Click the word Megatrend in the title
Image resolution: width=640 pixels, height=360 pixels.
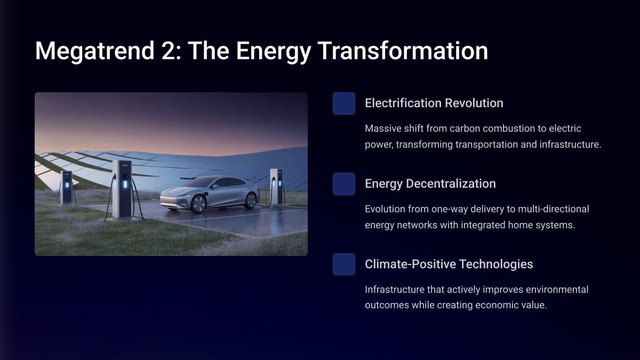(94, 51)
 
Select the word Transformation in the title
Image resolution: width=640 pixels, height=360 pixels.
(403, 51)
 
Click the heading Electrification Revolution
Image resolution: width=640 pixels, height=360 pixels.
(434, 103)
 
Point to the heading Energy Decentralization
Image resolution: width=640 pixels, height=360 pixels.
(430, 184)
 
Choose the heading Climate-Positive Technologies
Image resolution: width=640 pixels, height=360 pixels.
(449, 265)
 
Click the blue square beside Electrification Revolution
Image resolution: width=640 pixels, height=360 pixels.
(344, 103)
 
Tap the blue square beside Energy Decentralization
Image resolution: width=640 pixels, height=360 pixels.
(344, 184)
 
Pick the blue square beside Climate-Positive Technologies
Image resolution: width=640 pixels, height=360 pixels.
(344, 265)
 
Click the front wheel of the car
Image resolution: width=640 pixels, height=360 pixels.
(198, 204)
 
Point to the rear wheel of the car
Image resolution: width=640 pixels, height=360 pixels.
(251, 201)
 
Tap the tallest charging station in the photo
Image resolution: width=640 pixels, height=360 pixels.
(122, 189)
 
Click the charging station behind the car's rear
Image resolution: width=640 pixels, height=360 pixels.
(276, 187)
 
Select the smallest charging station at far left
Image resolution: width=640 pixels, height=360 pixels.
(67, 187)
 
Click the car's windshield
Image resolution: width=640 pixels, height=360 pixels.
(201, 182)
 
